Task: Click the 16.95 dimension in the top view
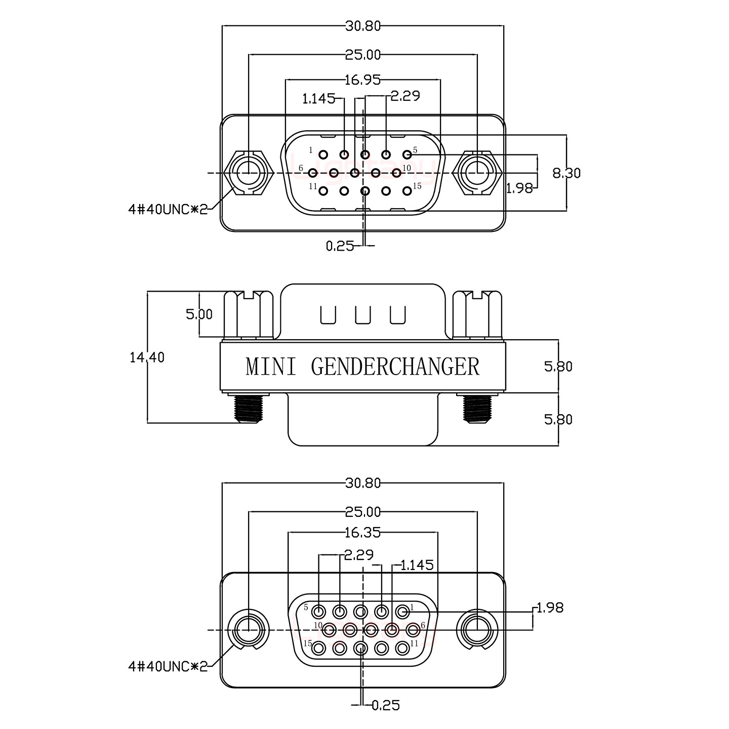[362, 79]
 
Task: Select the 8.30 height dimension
[566, 173]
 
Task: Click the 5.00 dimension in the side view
[199, 314]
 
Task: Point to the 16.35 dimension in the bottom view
[362, 533]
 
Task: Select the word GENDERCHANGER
[395, 367]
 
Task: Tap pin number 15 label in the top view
[417, 186]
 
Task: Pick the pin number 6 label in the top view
[301, 168]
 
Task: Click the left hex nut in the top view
[249, 173]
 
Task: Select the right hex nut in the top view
[477, 173]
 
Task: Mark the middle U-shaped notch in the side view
[363, 314]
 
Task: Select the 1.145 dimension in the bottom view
[417, 565]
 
